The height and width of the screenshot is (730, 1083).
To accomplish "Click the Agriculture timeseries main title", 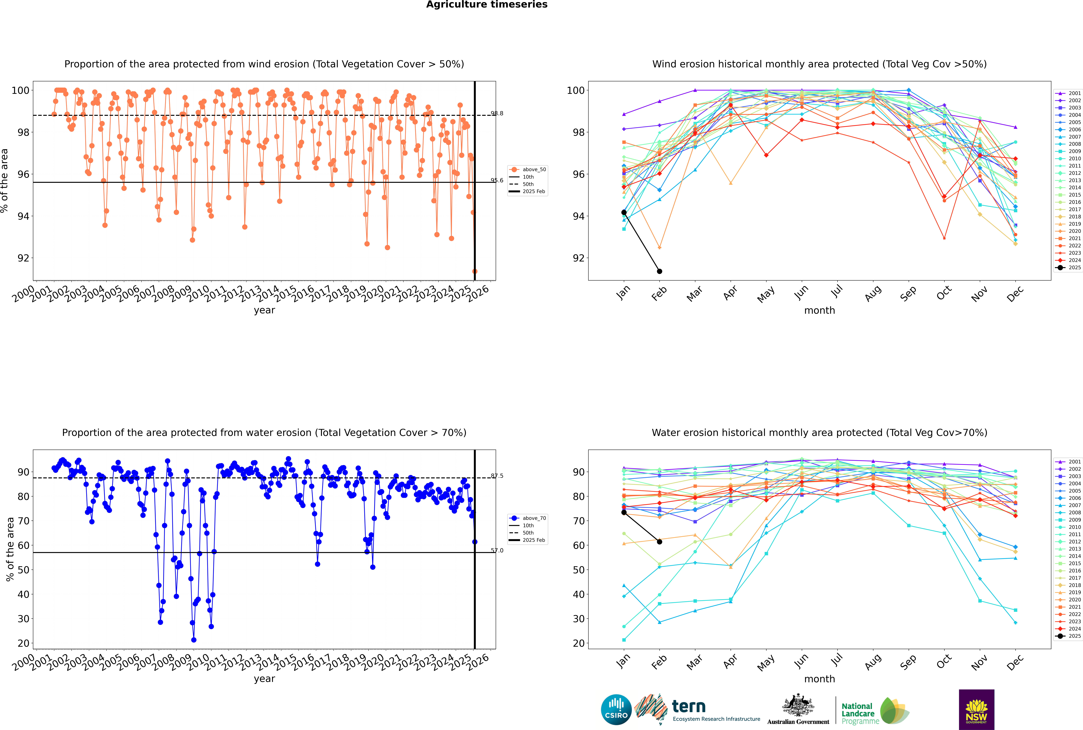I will [x=487, y=5].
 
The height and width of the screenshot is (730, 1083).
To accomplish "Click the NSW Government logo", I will [x=976, y=710].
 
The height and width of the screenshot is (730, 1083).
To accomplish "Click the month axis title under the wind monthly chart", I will [x=819, y=311].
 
